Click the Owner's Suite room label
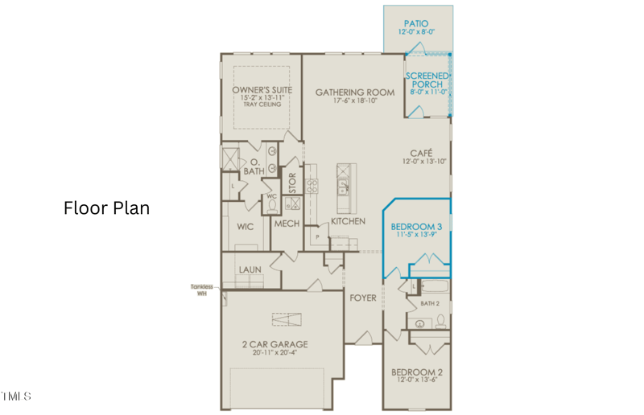point(262,89)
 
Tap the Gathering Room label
point(355,92)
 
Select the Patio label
point(416,24)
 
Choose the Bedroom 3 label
point(417,227)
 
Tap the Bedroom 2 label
point(417,372)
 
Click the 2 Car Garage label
point(275,344)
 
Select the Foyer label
point(363,298)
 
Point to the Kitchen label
point(348,220)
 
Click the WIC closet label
point(246,227)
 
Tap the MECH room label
point(287,224)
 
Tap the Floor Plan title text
point(106,208)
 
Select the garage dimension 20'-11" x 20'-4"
point(275,353)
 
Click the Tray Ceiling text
point(262,105)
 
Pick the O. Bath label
point(253,166)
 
